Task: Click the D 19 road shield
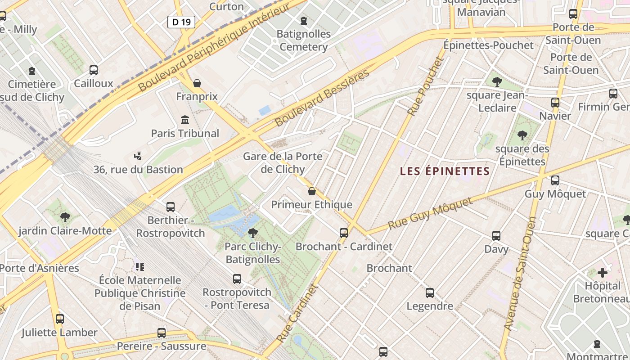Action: (181, 22)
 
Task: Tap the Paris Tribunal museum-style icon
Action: (185, 120)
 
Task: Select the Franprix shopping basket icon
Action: (197, 83)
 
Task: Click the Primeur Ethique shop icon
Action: (311, 191)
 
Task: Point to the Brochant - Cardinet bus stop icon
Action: (344, 233)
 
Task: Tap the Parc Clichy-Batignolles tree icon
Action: (253, 233)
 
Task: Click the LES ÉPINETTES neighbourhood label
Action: (445, 171)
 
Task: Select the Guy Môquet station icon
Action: (555, 180)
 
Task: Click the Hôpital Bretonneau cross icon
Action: (603, 272)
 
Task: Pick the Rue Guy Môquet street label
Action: (431, 213)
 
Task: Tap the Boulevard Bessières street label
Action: (322, 98)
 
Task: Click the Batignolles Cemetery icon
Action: (304, 21)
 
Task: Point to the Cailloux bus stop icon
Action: (94, 70)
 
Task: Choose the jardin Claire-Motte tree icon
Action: (65, 217)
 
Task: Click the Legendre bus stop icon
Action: (430, 293)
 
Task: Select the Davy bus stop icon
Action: (496, 235)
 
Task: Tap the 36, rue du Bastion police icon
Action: (138, 156)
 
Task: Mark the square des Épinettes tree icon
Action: (522, 135)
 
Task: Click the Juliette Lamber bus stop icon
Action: (60, 319)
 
